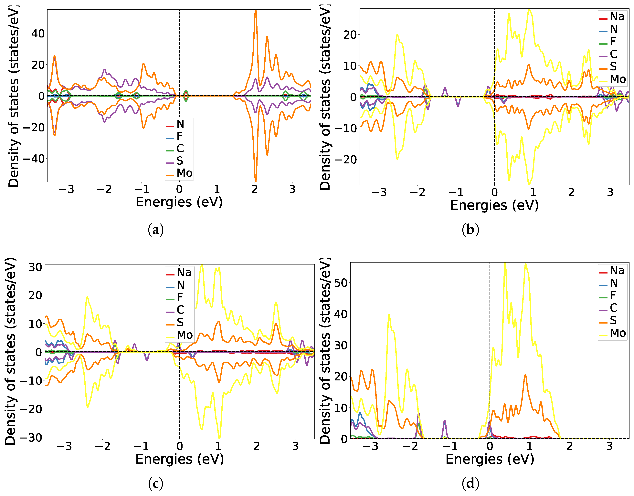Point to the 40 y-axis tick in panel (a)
click(x=38, y=34)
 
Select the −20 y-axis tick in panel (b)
click(x=346, y=160)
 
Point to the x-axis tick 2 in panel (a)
click(x=255, y=189)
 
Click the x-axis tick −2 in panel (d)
click(x=410, y=446)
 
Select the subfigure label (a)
click(x=155, y=230)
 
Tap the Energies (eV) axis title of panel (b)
click(x=494, y=205)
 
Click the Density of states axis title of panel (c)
click(x=10, y=351)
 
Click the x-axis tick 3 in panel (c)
click(x=295, y=446)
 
